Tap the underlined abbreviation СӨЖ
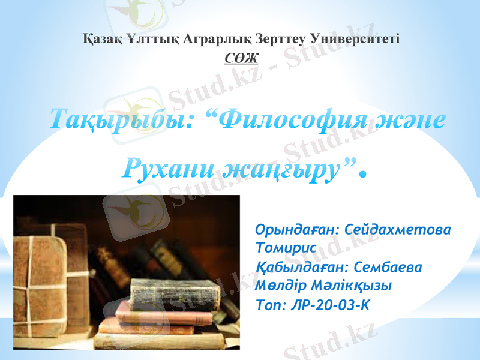241,58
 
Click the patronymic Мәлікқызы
352,284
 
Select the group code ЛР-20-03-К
329,304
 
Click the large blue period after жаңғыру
361,175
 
